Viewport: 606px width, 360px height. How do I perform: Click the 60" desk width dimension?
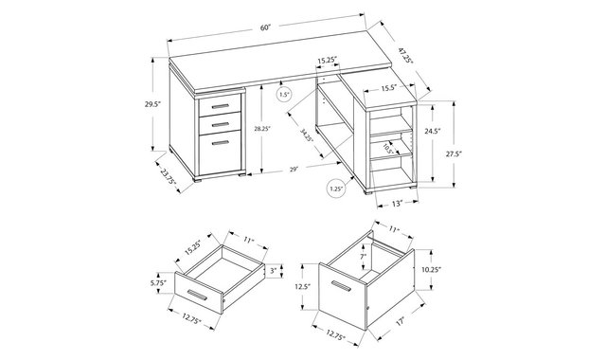click(x=265, y=27)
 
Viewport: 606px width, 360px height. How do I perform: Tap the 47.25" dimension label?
click(x=406, y=55)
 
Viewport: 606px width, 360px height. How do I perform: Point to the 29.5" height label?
click(x=152, y=104)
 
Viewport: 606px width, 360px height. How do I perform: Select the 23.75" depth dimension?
click(x=169, y=176)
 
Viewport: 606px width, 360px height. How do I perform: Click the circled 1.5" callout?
click(x=284, y=95)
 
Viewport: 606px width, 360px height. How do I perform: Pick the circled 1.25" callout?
click(x=336, y=189)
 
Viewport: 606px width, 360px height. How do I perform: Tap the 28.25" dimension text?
click(x=262, y=129)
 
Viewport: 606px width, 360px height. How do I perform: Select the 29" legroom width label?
click(x=294, y=169)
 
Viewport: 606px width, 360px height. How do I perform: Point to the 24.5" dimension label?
click(x=433, y=131)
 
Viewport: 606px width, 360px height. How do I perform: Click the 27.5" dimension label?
click(x=454, y=153)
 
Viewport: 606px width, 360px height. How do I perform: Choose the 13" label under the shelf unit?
click(x=398, y=203)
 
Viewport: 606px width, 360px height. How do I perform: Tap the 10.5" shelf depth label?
click(x=388, y=149)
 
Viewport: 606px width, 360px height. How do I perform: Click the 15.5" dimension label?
click(x=389, y=88)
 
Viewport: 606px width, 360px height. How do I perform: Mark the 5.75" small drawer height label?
click(x=158, y=282)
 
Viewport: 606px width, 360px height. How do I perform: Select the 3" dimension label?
click(x=274, y=271)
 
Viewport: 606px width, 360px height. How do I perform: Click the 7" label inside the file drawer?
click(x=363, y=256)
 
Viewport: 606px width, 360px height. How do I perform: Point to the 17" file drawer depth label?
click(x=400, y=320)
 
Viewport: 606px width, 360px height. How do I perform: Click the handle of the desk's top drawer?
click(x=221, y=106)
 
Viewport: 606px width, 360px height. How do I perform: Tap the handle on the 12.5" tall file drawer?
click(x=341, y=286)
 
